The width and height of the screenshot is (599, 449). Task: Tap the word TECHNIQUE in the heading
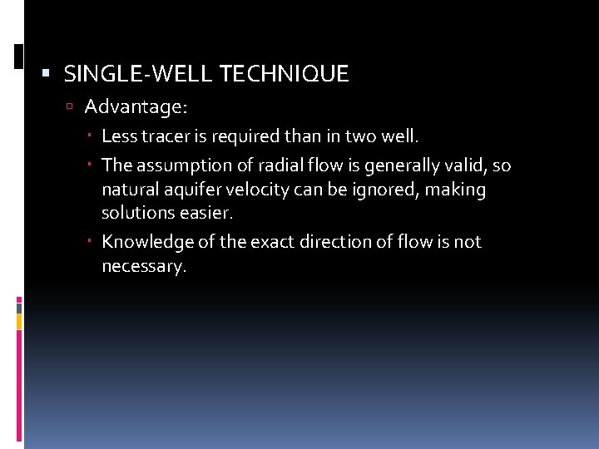tap(284, 74)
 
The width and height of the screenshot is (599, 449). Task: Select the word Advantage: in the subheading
tap(136, 107)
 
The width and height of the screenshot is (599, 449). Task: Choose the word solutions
tap(136, 213)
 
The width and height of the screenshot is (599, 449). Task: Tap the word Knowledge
tap(142, 242)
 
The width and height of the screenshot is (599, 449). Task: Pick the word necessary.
tap(144, 266)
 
